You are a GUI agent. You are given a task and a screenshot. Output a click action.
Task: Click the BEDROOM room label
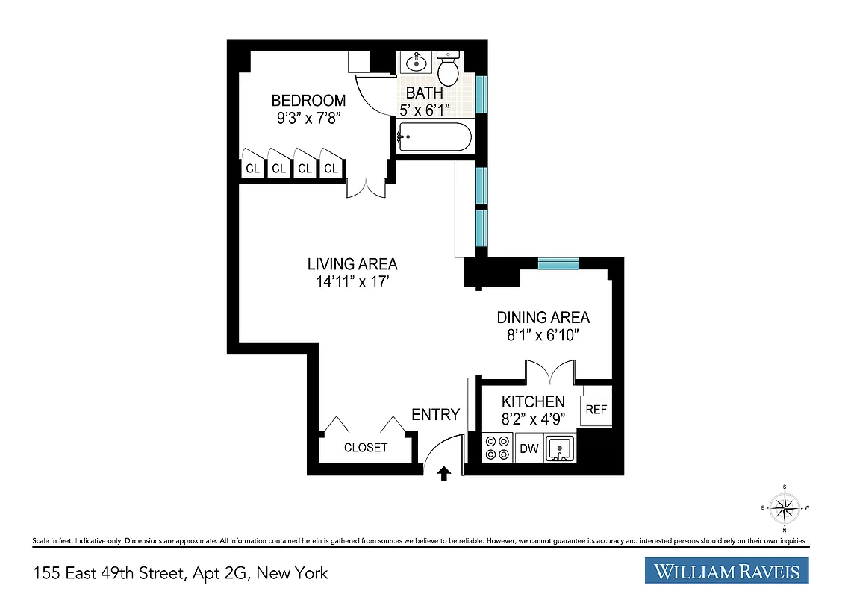coord(308,101)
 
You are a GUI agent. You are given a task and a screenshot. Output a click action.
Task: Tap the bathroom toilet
coord(448,70)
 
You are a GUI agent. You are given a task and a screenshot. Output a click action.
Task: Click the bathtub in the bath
coord(434,139)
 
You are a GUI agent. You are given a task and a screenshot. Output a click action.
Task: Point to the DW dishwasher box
coord(528,448)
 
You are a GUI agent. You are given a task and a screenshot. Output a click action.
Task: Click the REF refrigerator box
coord(596,410)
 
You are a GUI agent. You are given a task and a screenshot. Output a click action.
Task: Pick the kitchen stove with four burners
coord(496,448)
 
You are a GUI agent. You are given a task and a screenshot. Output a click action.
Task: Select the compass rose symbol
coord(785,509)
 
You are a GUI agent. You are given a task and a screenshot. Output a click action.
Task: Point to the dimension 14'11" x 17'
coord(352,282)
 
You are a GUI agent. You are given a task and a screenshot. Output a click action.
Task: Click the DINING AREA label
coord(543,318)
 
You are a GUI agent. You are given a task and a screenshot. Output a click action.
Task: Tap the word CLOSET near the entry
coord(366,448)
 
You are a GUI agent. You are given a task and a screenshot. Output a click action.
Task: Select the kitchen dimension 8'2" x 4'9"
coord(533,419)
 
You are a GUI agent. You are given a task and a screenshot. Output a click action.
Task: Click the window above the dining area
coord(558,263)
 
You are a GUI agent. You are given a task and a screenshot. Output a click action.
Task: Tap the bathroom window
coord(481,93)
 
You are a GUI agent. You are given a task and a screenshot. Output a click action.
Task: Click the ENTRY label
coord(435,415)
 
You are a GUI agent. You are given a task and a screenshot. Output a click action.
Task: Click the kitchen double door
coord(549,371)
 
